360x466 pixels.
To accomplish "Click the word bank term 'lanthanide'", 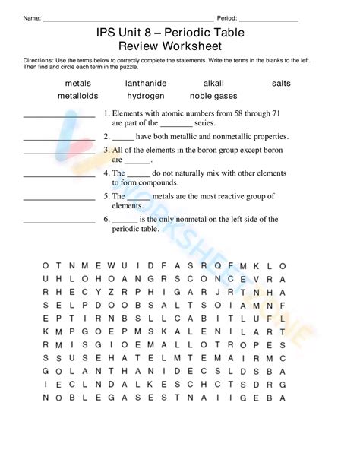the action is click(x=146, y=83).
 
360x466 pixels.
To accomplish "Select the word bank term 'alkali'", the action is click(x=213, y=83).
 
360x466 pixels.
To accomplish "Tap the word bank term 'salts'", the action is click(x=281, y=83).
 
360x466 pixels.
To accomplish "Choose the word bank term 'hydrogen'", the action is click(x=146, y=96).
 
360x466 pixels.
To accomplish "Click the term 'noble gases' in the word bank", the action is click(x=213, y=96).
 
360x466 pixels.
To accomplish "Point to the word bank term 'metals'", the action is click(x=78, y=83).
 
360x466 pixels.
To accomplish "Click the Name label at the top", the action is click(x=31, y=17).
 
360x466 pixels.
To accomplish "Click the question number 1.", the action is click(x=106, y=113).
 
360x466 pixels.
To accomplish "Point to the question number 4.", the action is click(x=106, y=173).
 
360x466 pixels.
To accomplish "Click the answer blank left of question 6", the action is click(x=59, y=222).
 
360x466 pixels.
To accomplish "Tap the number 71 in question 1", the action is click(x=276, y=113).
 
